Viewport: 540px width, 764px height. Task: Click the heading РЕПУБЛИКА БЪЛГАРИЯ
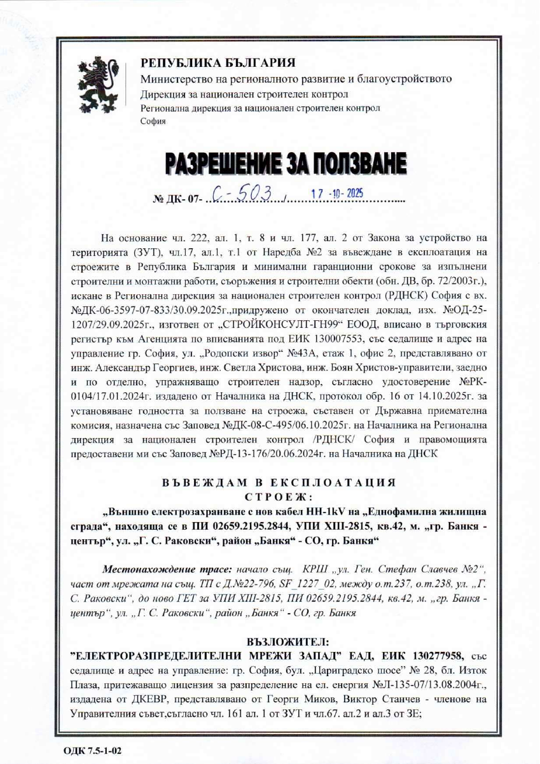(x=218, y=62)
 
